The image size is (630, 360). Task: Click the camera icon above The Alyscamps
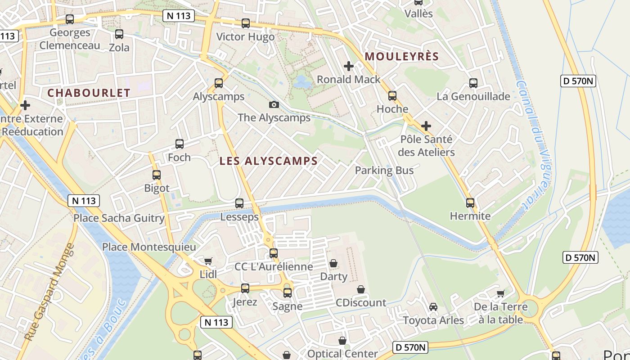274,105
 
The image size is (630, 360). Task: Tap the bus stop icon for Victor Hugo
245,23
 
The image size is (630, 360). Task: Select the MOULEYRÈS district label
401,57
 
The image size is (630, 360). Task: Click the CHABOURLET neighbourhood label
89,93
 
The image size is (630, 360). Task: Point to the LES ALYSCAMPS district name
269,161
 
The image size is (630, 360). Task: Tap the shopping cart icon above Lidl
208,261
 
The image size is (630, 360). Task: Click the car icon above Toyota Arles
433,307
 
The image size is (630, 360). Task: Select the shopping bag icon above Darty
333,263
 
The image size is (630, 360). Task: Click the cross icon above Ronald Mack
348,67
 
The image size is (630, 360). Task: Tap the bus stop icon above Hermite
470,203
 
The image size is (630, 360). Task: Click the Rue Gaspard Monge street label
49,292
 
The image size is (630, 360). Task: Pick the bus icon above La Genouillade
473,83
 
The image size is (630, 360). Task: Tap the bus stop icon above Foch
179,144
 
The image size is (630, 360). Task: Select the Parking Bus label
384,171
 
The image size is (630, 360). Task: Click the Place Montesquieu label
149,247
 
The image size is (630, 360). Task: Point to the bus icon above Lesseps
239,203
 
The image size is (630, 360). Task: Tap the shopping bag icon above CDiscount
360,289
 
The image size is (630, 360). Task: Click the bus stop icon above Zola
119,34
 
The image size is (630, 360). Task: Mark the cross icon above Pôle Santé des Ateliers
426,126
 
